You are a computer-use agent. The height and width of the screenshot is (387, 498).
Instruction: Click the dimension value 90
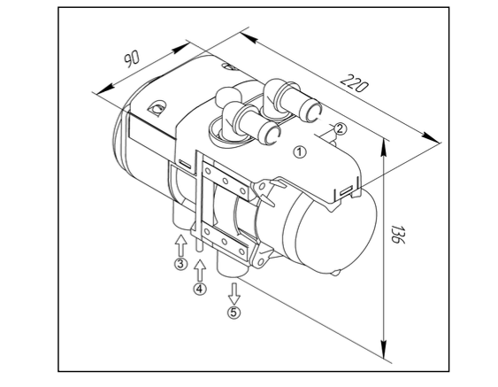(132, 59)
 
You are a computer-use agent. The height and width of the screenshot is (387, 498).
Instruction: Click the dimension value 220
(355, 83)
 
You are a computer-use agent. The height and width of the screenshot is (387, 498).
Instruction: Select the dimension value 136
(397, 235)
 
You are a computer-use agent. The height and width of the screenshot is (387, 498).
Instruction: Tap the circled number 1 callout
(300, 151)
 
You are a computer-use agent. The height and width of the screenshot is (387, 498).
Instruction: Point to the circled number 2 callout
(340, 128)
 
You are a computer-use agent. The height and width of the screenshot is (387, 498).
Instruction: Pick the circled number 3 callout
(180, 264)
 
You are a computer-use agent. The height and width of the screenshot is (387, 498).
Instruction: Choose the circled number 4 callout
(200, 289)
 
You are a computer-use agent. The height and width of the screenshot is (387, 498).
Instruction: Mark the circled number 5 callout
(234, 313)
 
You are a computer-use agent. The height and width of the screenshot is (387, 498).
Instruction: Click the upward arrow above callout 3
(180, 245)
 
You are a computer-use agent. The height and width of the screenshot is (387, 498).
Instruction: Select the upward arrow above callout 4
(200, 271)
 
